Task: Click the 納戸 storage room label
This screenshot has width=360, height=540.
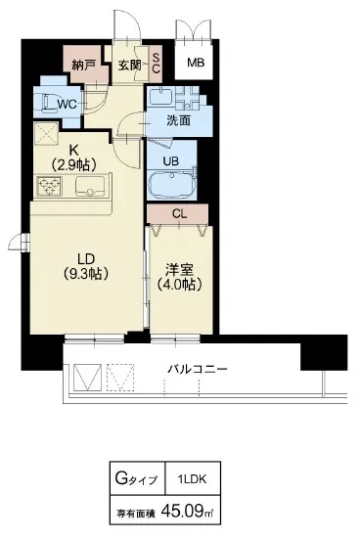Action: tap(83, 66)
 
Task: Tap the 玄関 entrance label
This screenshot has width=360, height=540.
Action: tap(129, 66)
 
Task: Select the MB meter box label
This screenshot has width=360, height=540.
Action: tap(196, 63)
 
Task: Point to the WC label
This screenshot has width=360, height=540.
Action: tap(67, 104)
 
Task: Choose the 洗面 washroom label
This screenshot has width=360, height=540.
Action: tap(178, 120)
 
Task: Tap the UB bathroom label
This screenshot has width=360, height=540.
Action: tap(170, 160)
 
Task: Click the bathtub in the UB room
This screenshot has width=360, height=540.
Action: tap(171, 184)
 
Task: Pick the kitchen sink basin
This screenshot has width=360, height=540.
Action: tap(90, 187)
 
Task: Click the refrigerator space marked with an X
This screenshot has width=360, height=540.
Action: tap(46, 133)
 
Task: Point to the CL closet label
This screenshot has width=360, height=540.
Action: tap(179, 214)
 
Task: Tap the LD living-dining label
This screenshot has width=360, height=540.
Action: tap(86, 259)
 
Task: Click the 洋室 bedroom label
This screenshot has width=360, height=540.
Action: tap(179, 270)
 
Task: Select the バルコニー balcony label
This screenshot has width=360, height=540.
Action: tap(198, 370)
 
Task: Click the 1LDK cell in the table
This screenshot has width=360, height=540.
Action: tap(193, 478)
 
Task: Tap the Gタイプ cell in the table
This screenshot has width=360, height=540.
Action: tap(138, 478)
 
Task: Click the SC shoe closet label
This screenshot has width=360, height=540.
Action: tap(156, 64)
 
